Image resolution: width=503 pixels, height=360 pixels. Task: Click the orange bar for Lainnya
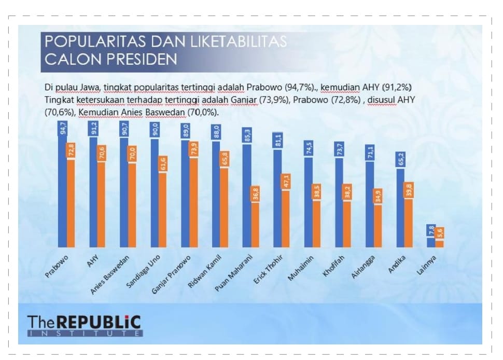(440, 237)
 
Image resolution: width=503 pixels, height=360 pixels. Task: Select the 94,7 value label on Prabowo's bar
(63, 128)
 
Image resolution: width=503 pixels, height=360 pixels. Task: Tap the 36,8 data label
(255, 194)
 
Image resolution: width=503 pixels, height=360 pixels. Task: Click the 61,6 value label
(163, 164)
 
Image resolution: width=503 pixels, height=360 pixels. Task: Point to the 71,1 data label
(370, 153)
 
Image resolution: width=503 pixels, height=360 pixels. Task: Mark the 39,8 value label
(409, 190)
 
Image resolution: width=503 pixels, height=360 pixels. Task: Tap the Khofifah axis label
(333, 266)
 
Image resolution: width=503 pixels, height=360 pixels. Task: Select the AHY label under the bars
(93, 261)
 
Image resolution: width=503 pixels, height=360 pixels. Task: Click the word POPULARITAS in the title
(95, 41)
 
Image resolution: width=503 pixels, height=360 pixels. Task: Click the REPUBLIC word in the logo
(100, 323)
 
